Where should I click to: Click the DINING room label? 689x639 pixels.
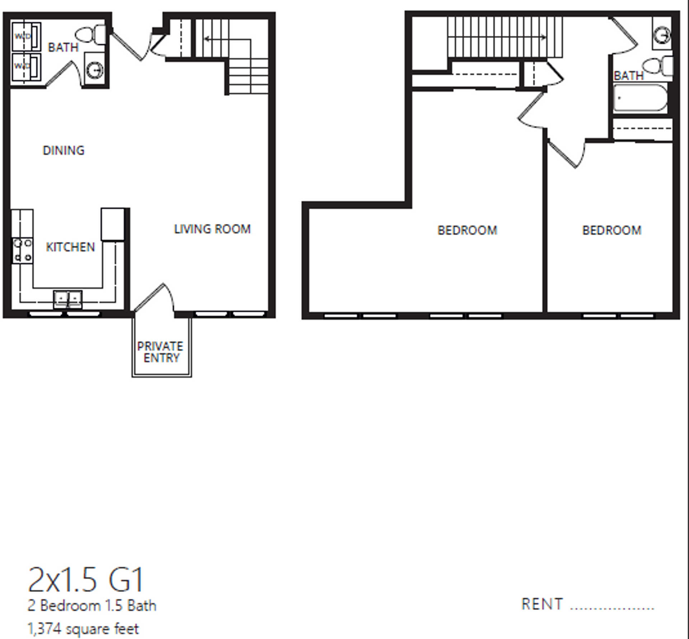pos(64,150)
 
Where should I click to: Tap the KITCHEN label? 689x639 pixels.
pos(70,247)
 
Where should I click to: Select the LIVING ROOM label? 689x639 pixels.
pos(212,229)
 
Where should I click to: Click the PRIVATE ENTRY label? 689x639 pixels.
pos(160,352)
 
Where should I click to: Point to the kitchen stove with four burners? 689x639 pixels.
pos(22,251)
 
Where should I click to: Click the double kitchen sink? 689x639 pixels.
pos(68,299)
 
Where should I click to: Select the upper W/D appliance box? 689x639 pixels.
pos(26,36)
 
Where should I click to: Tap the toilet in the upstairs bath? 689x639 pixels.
pos(657,66)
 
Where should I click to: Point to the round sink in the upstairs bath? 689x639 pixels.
pos(662,36)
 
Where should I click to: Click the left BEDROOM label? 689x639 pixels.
pos(467,230)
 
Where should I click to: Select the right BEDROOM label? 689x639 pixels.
pos(612,230)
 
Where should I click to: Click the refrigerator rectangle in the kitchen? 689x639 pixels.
pos(113,224)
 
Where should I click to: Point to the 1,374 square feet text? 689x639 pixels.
pos(83,629)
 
